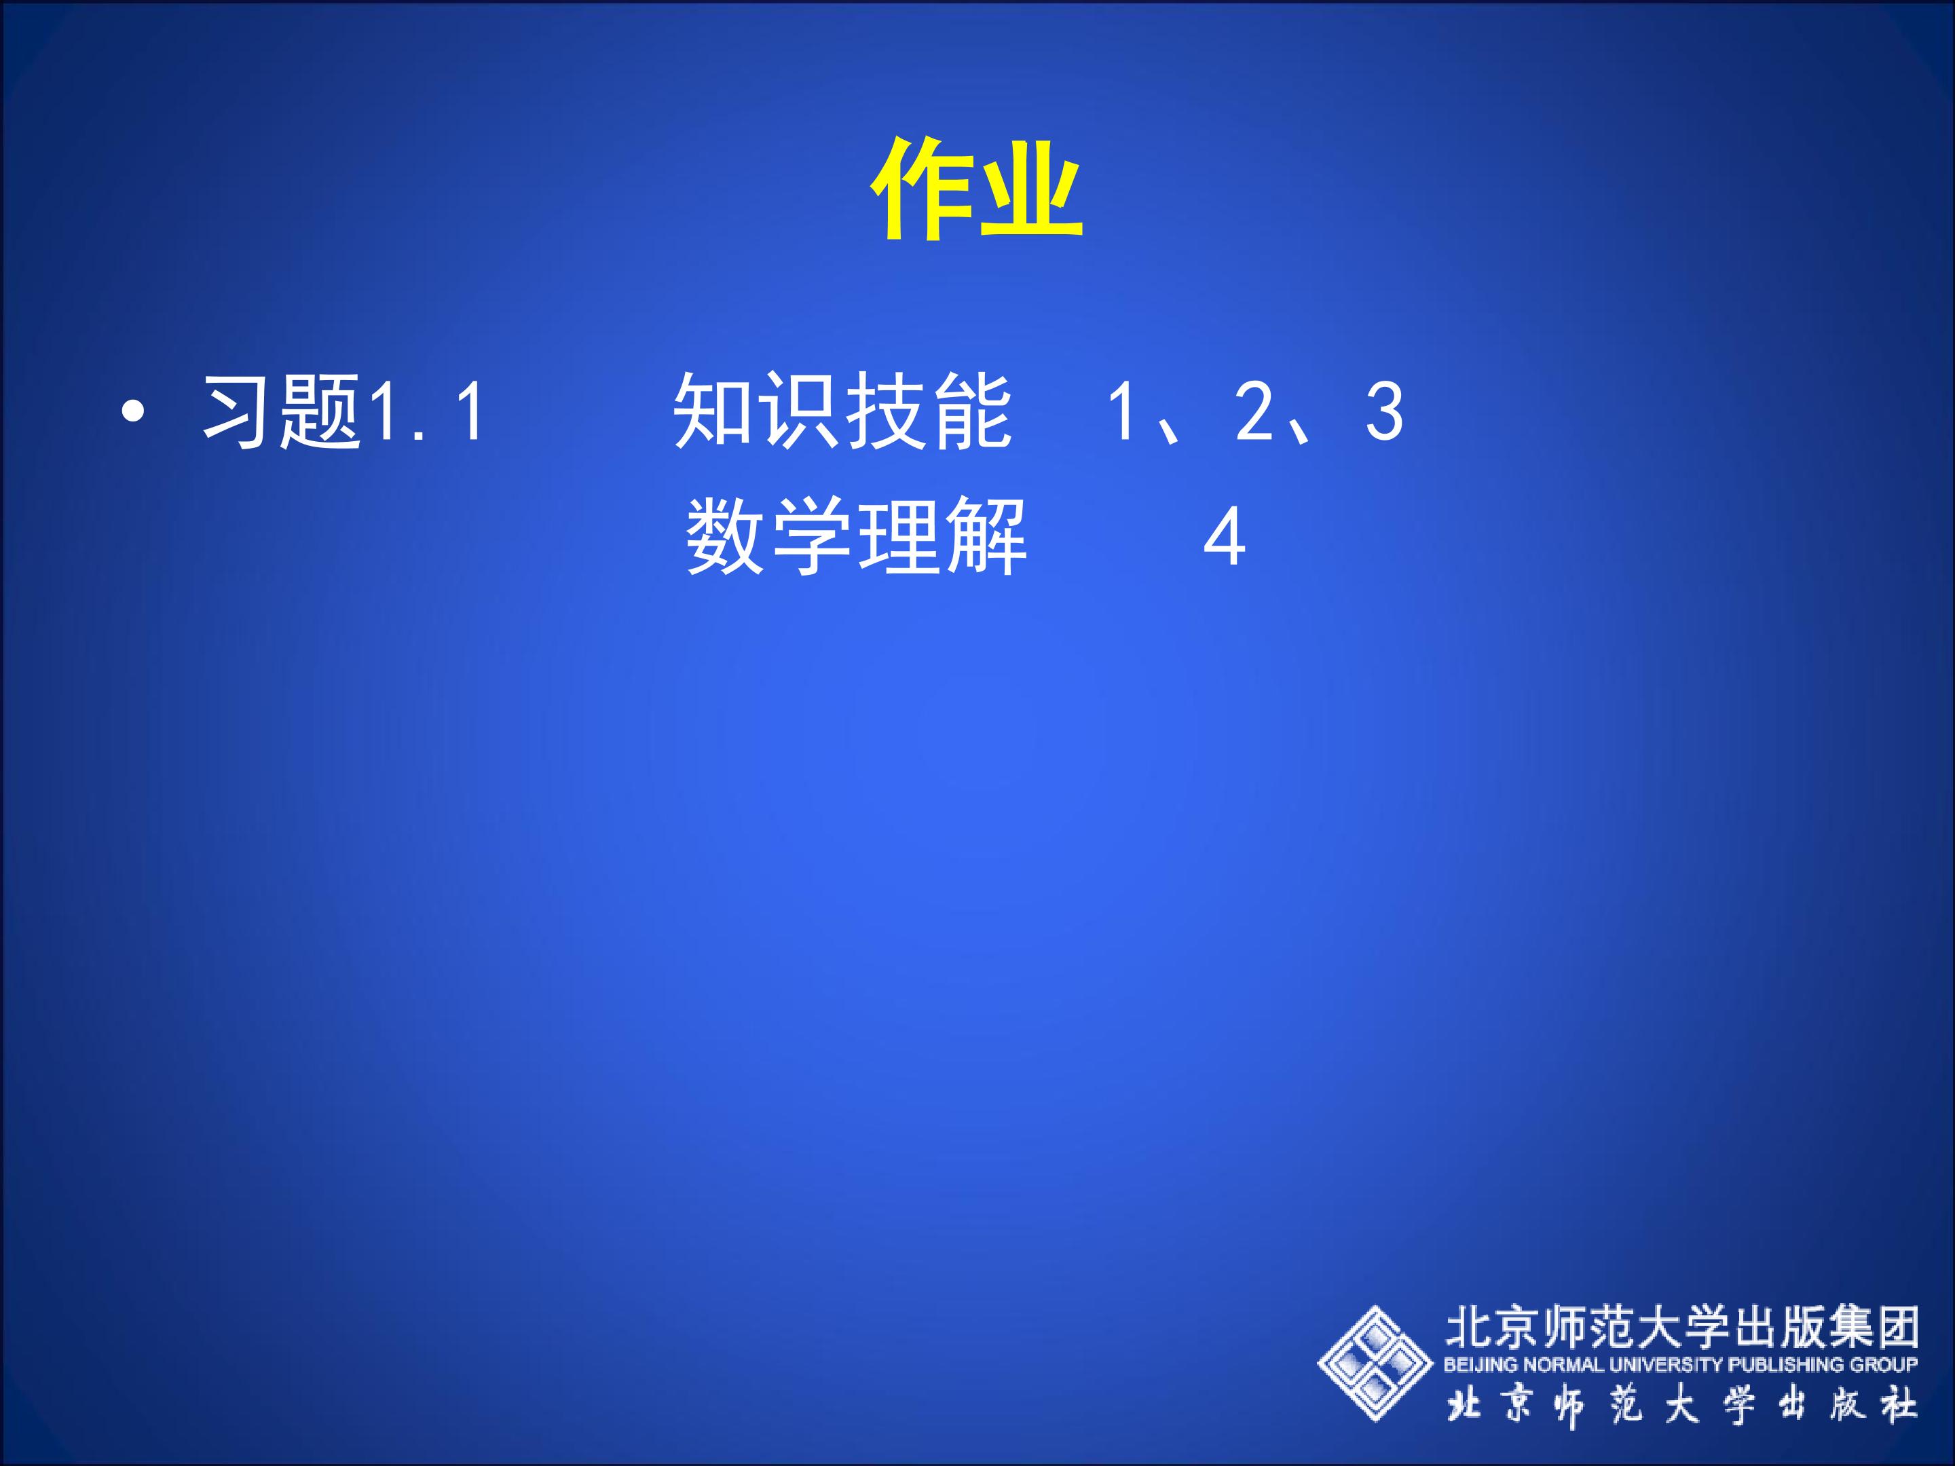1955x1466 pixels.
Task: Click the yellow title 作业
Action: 977,190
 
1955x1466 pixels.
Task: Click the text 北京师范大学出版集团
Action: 1682,1326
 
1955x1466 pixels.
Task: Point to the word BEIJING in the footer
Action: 1481,1366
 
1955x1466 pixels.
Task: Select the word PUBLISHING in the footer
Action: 1786,1366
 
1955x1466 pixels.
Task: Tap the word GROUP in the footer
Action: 1884,1366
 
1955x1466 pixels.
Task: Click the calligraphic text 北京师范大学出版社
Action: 1682,1406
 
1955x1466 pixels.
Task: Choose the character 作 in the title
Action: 924,190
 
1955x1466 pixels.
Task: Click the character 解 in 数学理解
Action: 986,536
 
